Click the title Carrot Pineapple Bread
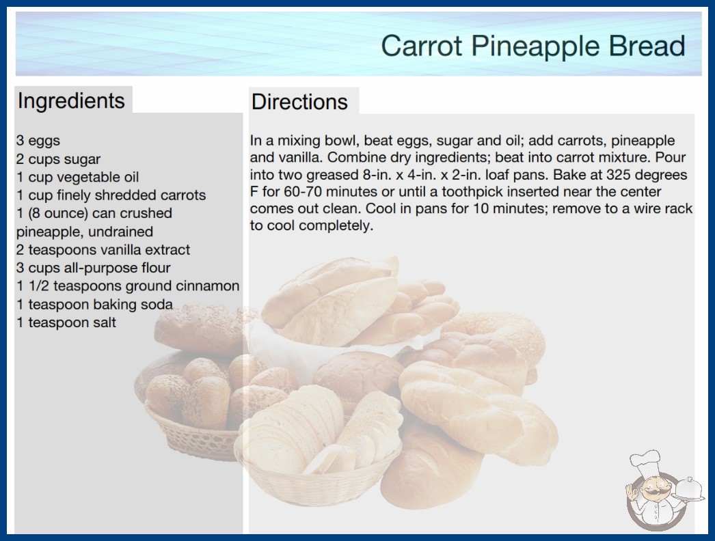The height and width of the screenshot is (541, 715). pyautogui.click(x=533, y=46)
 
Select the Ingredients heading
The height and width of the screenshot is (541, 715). pyautogui.click(x=71, y=101)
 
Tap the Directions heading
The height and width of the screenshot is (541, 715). pyautogui.click(x=299, y=102)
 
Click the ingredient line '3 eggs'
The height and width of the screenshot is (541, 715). pyautogui.click(x=38, y=141)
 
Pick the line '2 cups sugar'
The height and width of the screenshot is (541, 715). pyautogui.click(x=58, y=159)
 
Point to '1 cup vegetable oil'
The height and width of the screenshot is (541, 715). pyautogui.click(x=77, y=177)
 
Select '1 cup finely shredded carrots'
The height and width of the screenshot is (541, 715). pyautogui.click(x=111, y=195)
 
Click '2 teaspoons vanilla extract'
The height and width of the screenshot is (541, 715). pyautogui.click(x=103, y=250)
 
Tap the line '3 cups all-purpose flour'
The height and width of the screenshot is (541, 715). pyautogui.click(x=94, y=268)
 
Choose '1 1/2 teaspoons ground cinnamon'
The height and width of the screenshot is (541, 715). pyautogui.click(x=128, y=286)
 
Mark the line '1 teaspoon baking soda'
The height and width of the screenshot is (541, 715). pyautogui.click(x=95, y=304)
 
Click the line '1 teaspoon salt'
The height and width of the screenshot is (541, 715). pyautogui.click(x=66, y=322)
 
